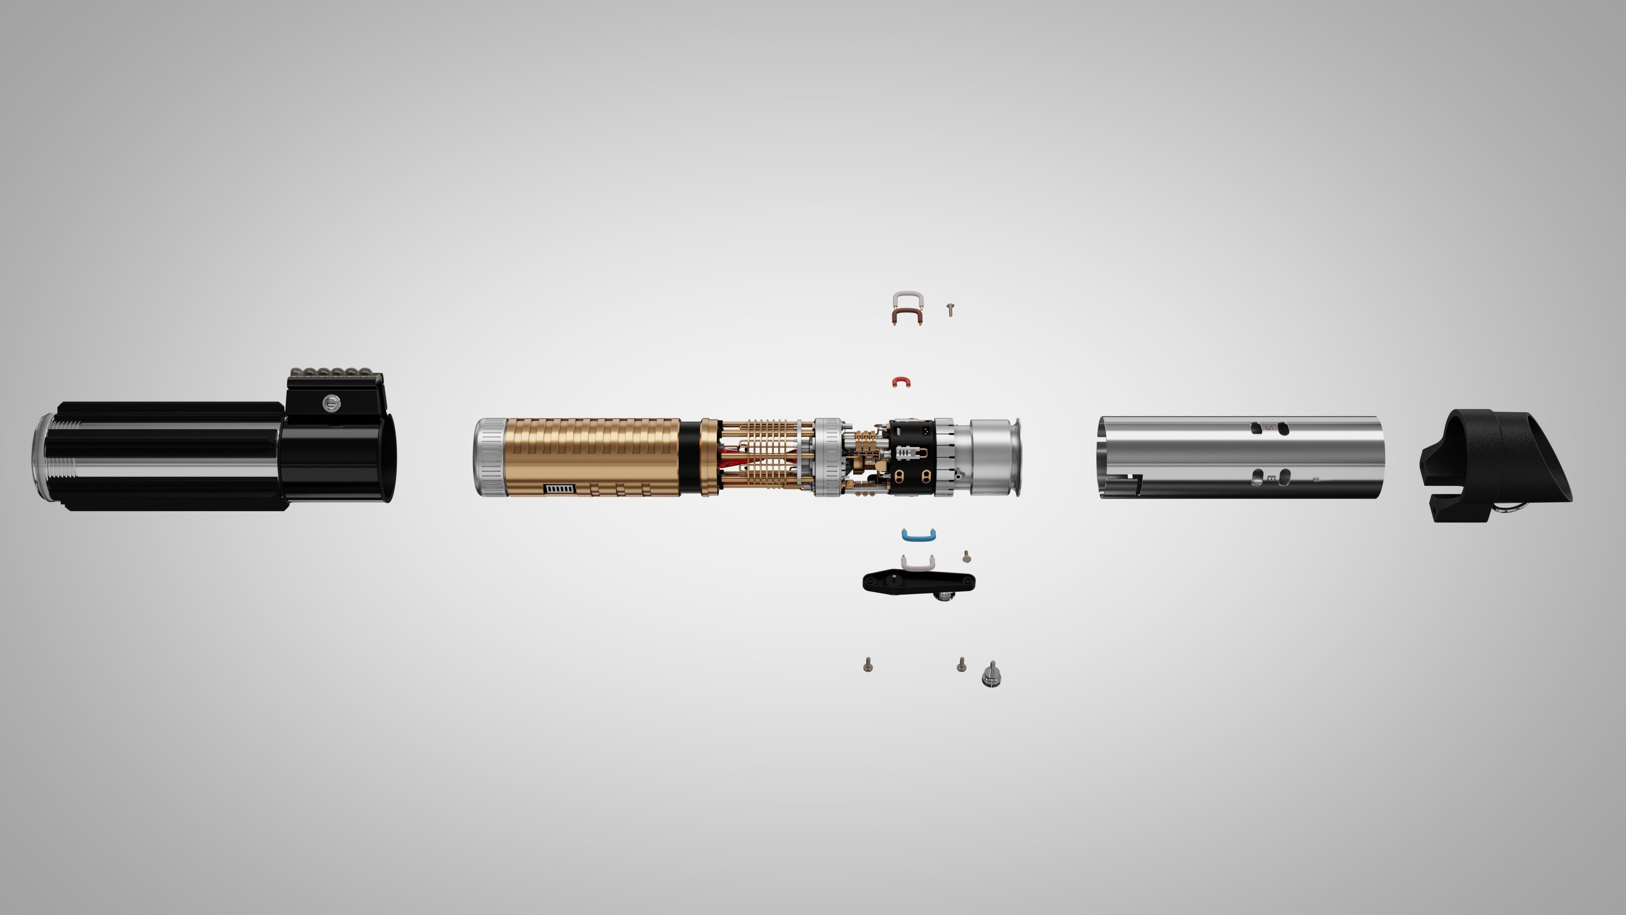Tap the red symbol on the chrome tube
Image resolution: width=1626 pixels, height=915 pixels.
(x=1269, y=428)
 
